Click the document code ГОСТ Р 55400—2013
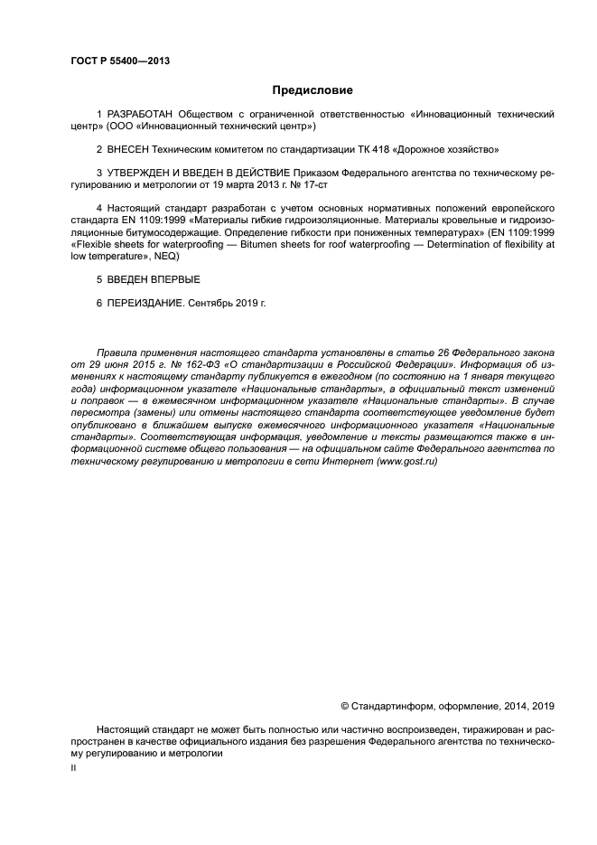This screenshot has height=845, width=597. tap(120, 61)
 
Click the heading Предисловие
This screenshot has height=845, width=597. tap(312, 90)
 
